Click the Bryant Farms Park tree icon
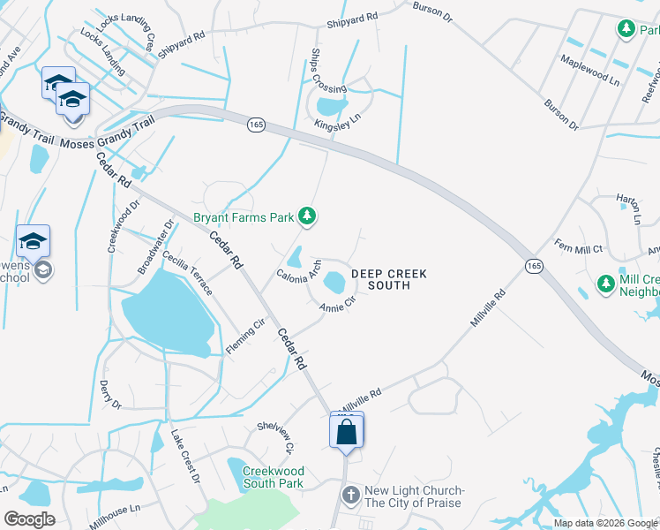coord(307,216)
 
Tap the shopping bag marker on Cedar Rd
coord(347,432)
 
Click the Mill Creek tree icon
coord(605,284)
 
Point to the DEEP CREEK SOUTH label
coord(388,279)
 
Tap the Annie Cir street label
coord(337,306)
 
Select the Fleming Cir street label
coord(245,337)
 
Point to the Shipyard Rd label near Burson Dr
coord(352,16)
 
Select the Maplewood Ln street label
coord(589,69)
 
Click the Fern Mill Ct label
coord(578,249)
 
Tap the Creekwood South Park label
coord(274,478)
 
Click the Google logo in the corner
coord(29,519)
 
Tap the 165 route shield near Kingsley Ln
coord(255,126)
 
